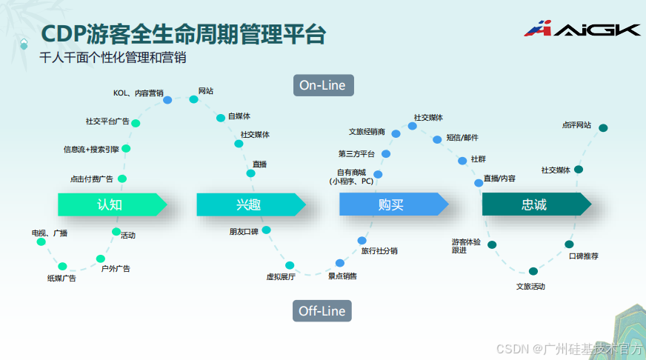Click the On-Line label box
322,85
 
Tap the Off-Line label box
322,311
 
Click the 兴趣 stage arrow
249,204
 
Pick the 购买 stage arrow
391,204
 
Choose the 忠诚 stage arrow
534,204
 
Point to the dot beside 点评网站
603,127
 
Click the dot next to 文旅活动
533,271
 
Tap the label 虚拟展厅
281,277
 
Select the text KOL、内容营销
139,93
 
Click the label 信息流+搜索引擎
91,149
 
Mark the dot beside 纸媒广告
62,267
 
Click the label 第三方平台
356,154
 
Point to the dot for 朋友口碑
266,230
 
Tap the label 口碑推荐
584,256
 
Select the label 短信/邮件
462,138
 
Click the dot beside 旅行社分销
362,241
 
